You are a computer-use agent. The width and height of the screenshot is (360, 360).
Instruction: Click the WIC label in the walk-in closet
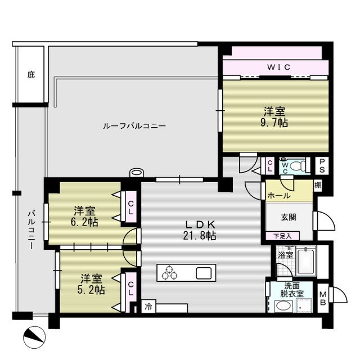click(278, 67)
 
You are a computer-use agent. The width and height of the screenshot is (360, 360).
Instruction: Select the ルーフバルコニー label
click(134, 126)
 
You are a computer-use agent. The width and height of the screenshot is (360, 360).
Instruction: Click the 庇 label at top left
click(30, 74)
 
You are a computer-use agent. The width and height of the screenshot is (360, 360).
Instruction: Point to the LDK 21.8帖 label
click(199, 230)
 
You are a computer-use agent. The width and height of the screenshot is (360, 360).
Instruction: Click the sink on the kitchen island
click(204, 273)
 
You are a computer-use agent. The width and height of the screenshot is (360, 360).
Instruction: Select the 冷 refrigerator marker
click(147, 308)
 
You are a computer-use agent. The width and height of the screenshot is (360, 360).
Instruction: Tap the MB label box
click(323, 296)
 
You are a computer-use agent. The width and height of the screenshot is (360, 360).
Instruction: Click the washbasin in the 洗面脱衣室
click(285, 306)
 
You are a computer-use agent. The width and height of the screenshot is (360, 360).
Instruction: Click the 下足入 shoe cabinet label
click(282, 236)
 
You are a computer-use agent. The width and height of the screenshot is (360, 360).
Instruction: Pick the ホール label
click(279, 196)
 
